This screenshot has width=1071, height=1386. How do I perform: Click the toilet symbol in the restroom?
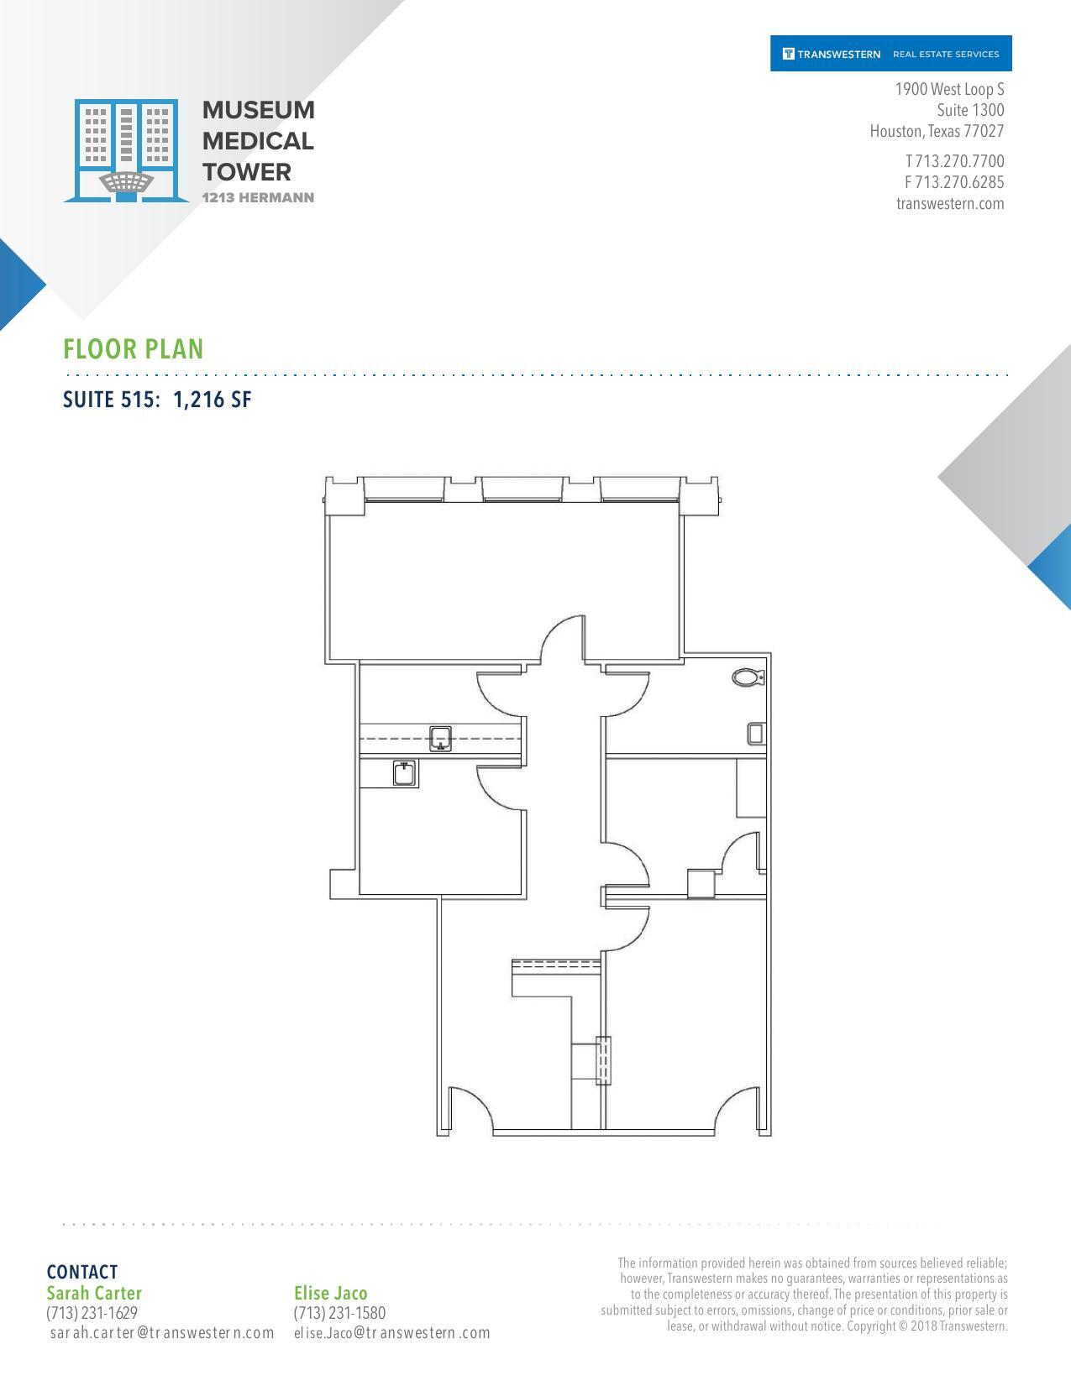(x=748, y=677)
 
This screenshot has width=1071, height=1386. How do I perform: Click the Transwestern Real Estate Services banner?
(x=890, y=54)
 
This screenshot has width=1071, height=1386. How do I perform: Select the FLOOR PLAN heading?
(x=134, y=349)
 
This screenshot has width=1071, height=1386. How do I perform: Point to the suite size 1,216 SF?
(x=212, y=400)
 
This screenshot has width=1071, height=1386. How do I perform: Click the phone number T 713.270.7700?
(x=954, y=161)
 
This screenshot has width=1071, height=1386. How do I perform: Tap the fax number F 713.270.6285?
(x=954, y=182)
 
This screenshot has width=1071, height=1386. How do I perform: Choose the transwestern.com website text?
(x=950, y=203)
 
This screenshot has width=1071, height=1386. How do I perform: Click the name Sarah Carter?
(x=94, y=1293)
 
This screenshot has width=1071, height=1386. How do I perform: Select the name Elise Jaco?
(x=331, y=1293)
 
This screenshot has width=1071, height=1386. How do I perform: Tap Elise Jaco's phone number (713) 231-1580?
(x=339, y=1313)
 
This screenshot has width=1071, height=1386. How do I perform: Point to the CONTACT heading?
(x=82, y=1272)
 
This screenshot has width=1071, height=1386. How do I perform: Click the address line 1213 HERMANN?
(x=258, y=198)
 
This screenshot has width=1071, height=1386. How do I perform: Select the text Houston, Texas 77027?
(x=937, y=131)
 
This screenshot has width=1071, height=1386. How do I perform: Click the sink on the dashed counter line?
(x=441, y=738)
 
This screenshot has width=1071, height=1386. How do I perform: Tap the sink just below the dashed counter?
(x=405, y=772)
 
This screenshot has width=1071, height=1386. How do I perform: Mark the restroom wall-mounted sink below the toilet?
(x=756, y=733)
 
